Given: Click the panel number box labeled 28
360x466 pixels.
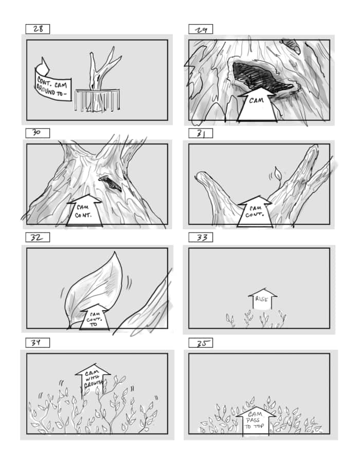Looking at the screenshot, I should [x=38, y=29].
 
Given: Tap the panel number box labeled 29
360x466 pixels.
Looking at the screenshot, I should [x=200, y=29].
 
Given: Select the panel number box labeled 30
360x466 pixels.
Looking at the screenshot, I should [x=38, y=133].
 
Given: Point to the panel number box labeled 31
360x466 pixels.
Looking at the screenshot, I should [x=200, y=133].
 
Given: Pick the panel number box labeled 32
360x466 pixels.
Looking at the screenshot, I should [x=38, y=237].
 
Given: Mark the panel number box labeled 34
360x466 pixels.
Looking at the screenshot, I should [x=38, y=343].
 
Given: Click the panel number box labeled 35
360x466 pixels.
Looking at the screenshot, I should [x=200, y=343].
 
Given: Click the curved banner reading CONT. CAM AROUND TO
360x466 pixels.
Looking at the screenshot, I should [x=52, y=82].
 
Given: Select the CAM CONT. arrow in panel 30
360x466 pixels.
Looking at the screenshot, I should [x=84, y=211].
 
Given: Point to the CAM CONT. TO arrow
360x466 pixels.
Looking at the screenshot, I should [x=96, y=316].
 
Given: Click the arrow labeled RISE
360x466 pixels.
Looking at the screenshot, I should [x=262, y=299].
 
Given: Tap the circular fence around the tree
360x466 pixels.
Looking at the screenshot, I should [x=97, y=99].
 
